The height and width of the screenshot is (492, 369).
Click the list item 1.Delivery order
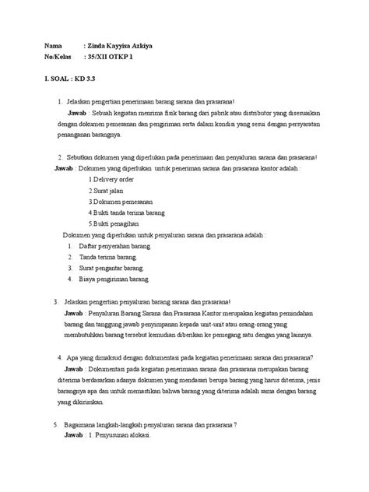114,178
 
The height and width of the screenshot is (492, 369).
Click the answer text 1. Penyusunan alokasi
125,436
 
